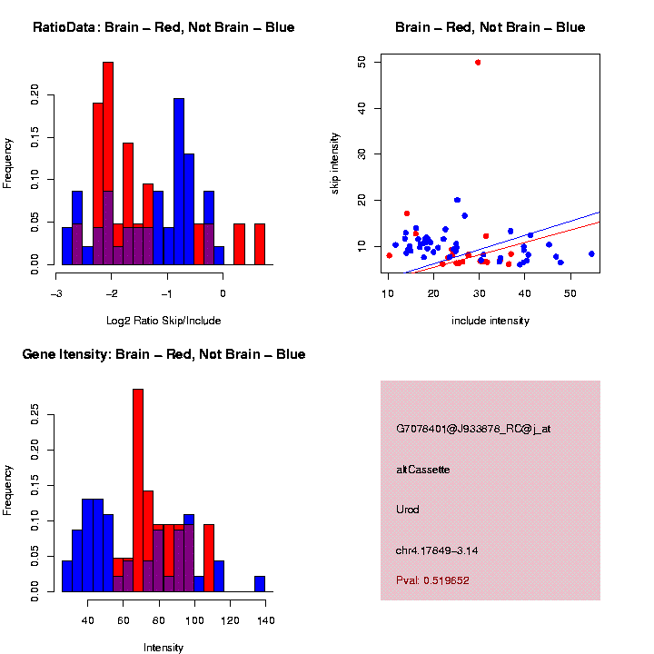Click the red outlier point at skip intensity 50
pos(478,62)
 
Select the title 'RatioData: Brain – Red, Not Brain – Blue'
pos(163,27)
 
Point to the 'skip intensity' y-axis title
pos(361,163)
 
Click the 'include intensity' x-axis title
pos(490,321)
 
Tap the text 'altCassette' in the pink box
pos(423,470)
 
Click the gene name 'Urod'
pos(408,509)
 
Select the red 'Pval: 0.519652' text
pos(433,580)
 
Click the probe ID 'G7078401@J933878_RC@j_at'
pos(473,428)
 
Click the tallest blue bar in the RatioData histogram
pos(179,182)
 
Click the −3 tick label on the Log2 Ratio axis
pos(56,293)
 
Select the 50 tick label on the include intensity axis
pos(570,293)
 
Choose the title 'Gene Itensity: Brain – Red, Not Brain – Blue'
pos(163,354)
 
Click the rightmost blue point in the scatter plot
pos(591,254)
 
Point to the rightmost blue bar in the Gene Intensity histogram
pos(260,584)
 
